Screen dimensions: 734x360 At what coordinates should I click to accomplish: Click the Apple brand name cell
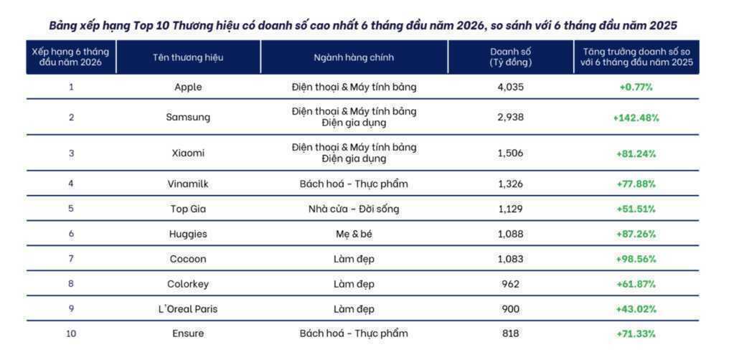pos(188,87)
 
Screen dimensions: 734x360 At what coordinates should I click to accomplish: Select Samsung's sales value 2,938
pos(510,117)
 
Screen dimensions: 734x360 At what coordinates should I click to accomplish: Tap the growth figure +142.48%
pos(636,118)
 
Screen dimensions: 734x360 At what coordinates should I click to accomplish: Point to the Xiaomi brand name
pos(188,153)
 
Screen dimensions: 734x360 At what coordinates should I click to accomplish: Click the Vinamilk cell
pos(188,184)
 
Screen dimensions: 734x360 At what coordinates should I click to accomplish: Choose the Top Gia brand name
pos(188,209)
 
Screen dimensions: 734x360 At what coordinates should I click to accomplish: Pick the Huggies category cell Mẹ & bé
pos(354,234)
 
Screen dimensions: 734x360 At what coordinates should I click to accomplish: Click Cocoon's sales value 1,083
pos(510,258)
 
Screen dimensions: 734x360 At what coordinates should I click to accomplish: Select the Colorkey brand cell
pos(188,284)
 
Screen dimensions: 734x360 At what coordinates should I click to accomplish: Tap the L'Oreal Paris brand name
pos(188,309)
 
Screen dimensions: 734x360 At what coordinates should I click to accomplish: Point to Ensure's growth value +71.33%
pos(636,333)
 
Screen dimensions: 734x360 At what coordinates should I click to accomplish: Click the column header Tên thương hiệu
pos(188,57)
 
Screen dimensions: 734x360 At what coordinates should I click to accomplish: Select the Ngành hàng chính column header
pos(354,57)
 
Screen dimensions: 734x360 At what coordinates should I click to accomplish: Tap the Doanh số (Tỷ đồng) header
pos(510,57)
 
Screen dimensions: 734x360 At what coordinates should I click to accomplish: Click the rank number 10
pos(71,333)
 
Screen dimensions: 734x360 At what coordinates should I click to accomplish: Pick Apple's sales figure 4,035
pos(510,87)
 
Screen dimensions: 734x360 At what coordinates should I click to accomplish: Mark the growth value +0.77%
pos(636,87)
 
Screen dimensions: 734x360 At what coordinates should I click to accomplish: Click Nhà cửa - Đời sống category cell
pos(354,209)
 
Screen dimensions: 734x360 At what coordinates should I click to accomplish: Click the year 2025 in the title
pos(663,26)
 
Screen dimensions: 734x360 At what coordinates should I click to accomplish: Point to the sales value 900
pos(510,309)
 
